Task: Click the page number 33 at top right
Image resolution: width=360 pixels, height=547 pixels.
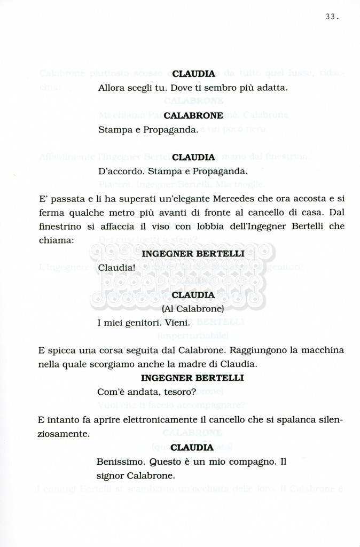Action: [x=331, y=17]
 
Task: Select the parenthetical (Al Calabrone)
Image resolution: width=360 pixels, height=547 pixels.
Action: [x=192, y=309]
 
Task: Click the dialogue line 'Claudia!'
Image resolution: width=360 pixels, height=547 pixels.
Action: [x=113, y=267]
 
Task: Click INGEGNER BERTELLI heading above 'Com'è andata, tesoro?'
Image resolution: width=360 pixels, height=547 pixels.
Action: [x=192, y=378]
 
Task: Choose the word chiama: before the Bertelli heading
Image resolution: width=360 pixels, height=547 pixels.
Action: [x=56, y=240]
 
